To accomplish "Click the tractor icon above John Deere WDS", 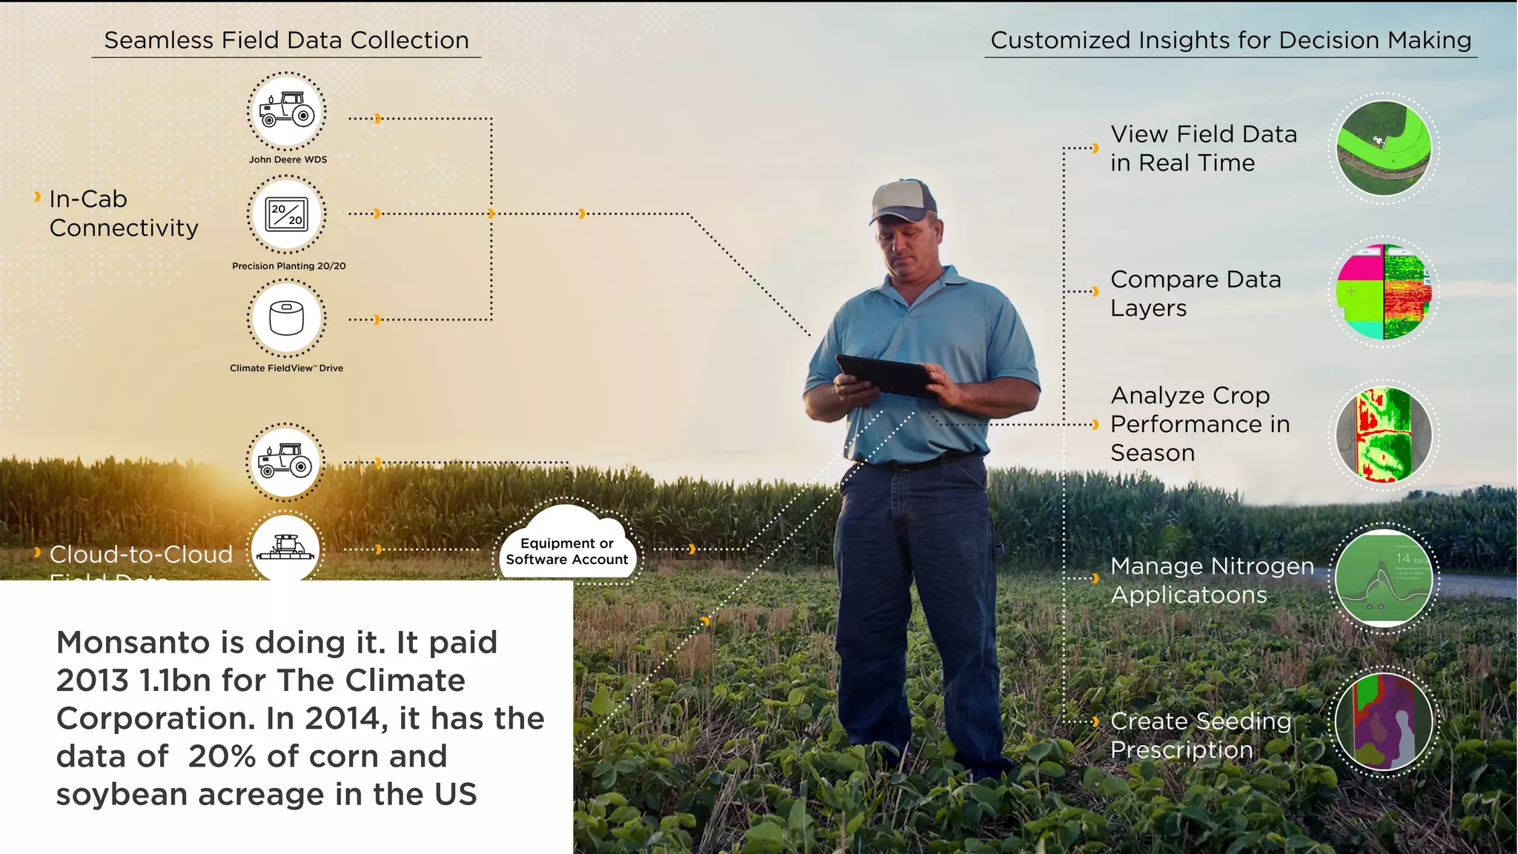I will (x=286, y=111).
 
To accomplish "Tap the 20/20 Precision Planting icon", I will (x=286, y=214).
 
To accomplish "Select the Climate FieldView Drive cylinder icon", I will (x=286, y=318).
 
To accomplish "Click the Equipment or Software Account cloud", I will (x=566, y=549).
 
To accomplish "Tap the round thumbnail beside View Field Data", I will (x=1383, y=148).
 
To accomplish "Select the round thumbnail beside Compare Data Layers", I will (x=1383, y=291).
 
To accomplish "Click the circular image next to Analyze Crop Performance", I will (x=1383, y=435).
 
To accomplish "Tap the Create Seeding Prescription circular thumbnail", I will (x=1383, y=721).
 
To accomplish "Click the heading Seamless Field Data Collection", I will (x=286, y=40).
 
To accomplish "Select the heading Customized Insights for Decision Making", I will (x=1230, y=40).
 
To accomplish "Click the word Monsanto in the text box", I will (x=133, y=643).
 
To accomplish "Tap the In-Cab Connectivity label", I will (x=123, y=213).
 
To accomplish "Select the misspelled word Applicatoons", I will (x=1189, y=595).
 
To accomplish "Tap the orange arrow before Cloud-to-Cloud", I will (x=37, y=552).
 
